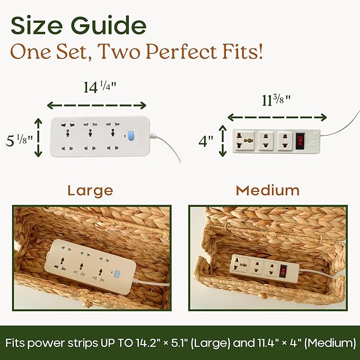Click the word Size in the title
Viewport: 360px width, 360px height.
pos(37,25)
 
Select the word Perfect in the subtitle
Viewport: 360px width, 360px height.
pos(181,51)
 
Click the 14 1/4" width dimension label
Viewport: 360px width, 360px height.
pos(100,87)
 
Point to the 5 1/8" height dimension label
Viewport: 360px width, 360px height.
pos(19,141)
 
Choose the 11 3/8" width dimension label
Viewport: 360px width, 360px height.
pos(276,100)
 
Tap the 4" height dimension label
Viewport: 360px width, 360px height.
pos(206,141)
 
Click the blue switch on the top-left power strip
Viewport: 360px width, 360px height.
pos(130,136)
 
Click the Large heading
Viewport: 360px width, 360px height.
pos(91,191)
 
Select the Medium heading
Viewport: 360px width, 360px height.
pos(268,190)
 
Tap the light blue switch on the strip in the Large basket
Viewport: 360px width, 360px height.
pos(117,274)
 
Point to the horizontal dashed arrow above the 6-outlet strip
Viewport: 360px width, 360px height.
pos(96,106)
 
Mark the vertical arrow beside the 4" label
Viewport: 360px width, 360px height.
pos(223,141)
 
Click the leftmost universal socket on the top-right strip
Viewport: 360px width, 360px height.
pos(245,141)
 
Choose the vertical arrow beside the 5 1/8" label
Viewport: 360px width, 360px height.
pos(38,137)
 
